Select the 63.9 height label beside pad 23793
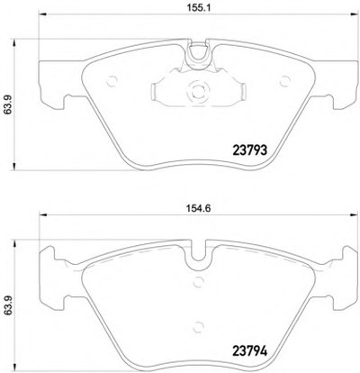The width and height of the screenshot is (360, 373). tap(7, 105)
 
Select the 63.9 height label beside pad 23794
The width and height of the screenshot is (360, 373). tap(7, 305)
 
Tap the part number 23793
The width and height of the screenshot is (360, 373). tap(250, 150)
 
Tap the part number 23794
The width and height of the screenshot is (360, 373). tap(250, 350)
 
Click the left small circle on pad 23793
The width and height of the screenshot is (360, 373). tap(112, 81)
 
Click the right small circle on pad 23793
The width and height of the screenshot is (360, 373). tap(284, 81)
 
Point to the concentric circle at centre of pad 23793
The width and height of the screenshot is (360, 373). tap(198, 90)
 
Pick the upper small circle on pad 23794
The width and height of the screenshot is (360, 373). tap(198, 282)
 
